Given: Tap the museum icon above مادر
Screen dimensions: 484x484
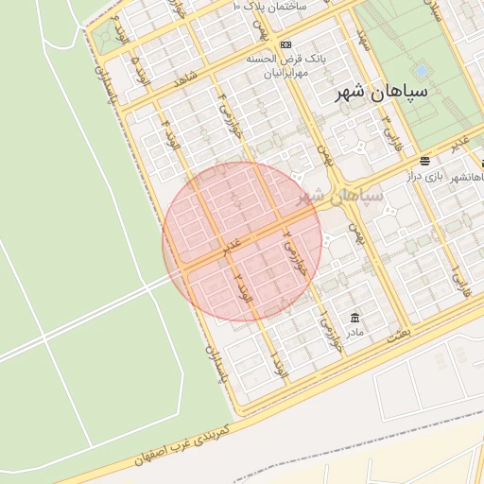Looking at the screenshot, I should (x=354, y=317).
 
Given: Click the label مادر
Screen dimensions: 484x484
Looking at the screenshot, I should (x=354, y=332).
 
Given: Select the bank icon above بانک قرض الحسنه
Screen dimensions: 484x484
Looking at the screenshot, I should (x=286, y=44).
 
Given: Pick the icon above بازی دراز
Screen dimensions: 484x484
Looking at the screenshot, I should (x=425, y=161).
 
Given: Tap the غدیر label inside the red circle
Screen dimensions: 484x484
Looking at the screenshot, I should (x=231, y=249).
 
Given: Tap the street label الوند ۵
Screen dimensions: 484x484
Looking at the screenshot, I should (x=140, y=67).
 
